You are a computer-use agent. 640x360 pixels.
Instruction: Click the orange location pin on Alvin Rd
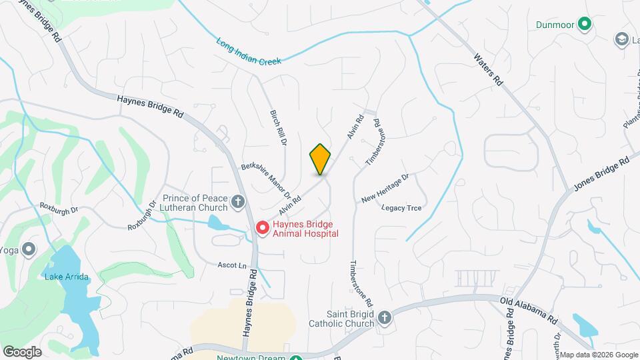320,159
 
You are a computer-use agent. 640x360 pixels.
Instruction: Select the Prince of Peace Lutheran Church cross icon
238,201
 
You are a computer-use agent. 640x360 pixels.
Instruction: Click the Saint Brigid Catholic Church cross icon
384,317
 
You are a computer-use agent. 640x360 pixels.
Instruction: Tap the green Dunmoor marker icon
585,25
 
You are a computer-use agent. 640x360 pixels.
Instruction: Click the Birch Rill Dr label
277,128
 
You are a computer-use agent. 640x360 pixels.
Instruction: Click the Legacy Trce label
401,208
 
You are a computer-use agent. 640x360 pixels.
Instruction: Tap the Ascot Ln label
232,265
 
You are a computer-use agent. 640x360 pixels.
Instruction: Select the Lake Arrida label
67,277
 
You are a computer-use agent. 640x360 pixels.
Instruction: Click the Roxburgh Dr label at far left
59,207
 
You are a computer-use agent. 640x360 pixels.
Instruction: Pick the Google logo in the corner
22,351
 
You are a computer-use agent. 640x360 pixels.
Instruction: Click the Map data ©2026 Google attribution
598,355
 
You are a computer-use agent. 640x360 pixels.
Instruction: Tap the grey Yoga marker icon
29,250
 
